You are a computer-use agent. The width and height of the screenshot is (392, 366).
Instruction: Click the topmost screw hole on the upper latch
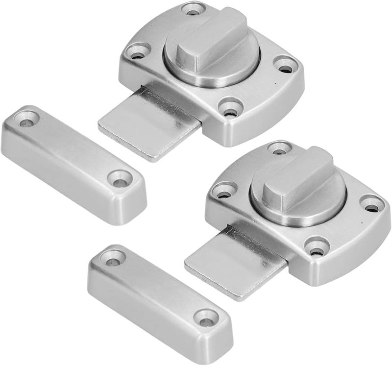[x=192, y=9]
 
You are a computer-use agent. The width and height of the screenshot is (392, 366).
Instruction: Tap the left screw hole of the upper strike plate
[x=27, y=119]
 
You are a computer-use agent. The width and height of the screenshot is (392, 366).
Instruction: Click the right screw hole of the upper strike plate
[x=120, y=179]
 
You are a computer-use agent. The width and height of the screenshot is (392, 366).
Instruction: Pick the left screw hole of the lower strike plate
[x=113, y=257]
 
